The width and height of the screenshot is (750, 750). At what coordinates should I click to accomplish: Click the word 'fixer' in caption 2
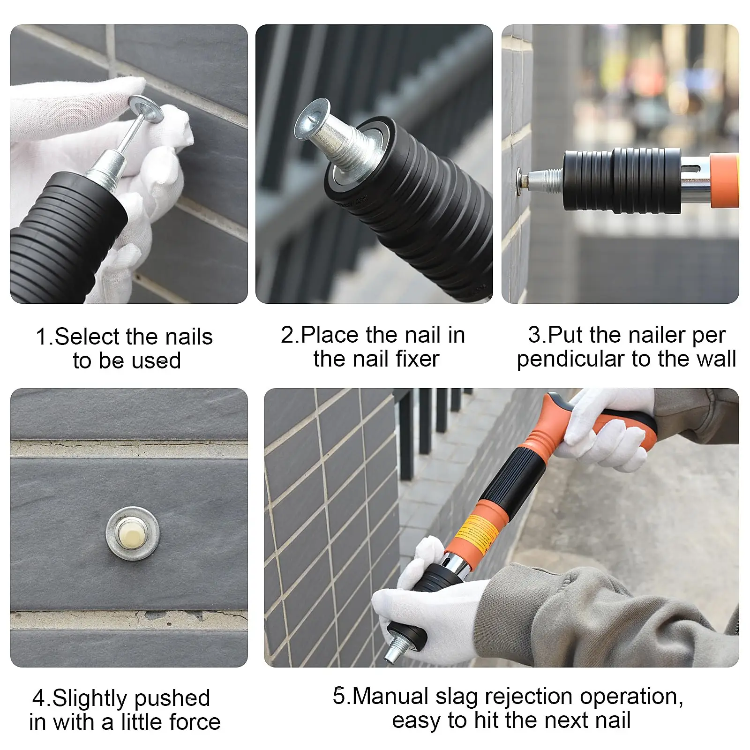[x=417, y=359]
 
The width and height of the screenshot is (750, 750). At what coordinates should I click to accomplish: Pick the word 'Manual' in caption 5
[x=390, y=697]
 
